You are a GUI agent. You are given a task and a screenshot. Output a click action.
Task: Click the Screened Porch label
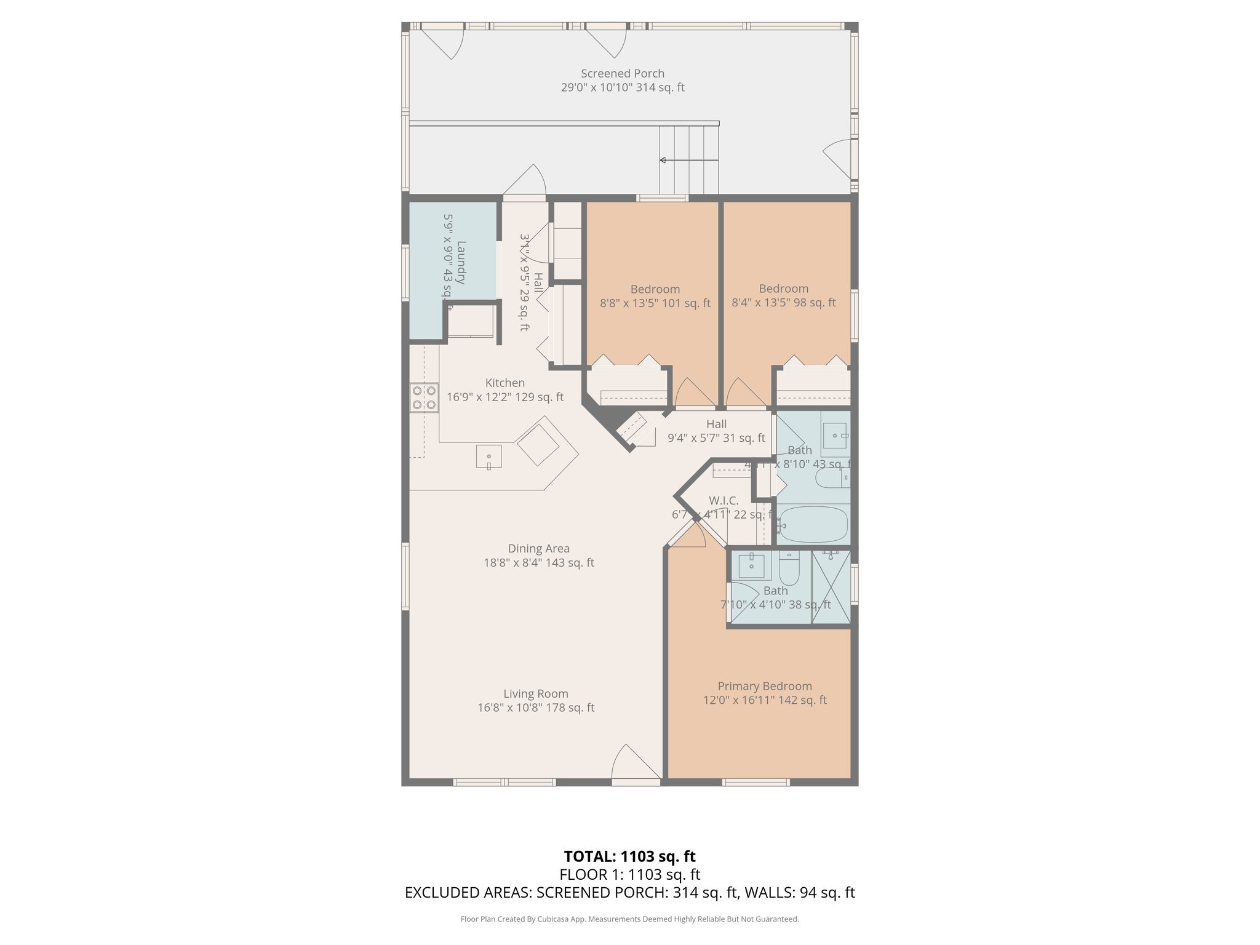[622, 74]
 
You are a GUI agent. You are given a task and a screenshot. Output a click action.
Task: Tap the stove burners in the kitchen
[424, 397]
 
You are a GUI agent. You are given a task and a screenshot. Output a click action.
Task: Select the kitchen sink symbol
[488, 457]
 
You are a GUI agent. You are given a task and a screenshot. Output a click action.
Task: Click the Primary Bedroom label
[764, 686]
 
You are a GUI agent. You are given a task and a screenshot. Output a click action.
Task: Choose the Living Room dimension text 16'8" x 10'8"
[535, 708]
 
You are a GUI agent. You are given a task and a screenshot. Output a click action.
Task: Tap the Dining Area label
[538, 548]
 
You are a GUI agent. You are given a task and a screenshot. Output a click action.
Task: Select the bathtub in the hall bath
[813, 524]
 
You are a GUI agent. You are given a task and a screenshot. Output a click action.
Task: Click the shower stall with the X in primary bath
[831, 588]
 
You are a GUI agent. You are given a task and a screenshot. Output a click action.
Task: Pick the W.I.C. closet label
[724, 501]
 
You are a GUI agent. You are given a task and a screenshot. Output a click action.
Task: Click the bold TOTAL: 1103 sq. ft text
[629, 856]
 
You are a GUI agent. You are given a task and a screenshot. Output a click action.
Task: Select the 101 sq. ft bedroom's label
[655, 289]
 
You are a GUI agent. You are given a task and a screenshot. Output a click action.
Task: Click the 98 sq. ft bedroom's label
[783, 289]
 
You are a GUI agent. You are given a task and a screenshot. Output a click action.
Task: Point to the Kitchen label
[504, 383]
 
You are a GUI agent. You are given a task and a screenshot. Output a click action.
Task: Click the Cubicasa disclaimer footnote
[629, 919]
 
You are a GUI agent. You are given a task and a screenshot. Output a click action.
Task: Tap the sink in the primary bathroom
[751, 565]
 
